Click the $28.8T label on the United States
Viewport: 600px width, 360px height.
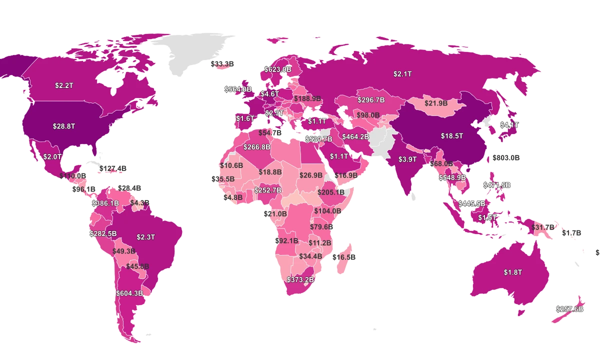[x=64, y=126]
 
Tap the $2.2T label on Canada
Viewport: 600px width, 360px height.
[x=64, y=85]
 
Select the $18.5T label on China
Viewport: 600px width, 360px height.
[x=452, y=135]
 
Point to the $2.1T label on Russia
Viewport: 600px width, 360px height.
[x=402, y=74]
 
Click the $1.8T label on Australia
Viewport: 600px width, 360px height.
[x=512, y=272]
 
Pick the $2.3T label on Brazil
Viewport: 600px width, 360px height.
[x=146, y=237]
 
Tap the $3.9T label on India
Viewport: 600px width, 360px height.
[x=407, y=159]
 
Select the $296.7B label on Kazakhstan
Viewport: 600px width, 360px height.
[x=371, y=100]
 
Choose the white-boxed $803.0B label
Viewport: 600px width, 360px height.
[x=506, y=158]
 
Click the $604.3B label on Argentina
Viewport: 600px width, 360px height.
[x=129, y=293]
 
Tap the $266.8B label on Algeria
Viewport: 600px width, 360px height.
[x=257, y=147]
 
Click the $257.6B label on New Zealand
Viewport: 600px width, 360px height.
[x=569, y=309]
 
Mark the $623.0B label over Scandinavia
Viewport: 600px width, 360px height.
[x=278, y=69]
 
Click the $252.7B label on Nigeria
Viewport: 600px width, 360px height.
[x=267, y=190]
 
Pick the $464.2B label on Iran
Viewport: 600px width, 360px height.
[x=355, y=136]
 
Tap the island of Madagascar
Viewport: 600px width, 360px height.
[x=344, y=257]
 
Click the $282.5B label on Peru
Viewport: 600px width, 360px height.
[x=103, y=233]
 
